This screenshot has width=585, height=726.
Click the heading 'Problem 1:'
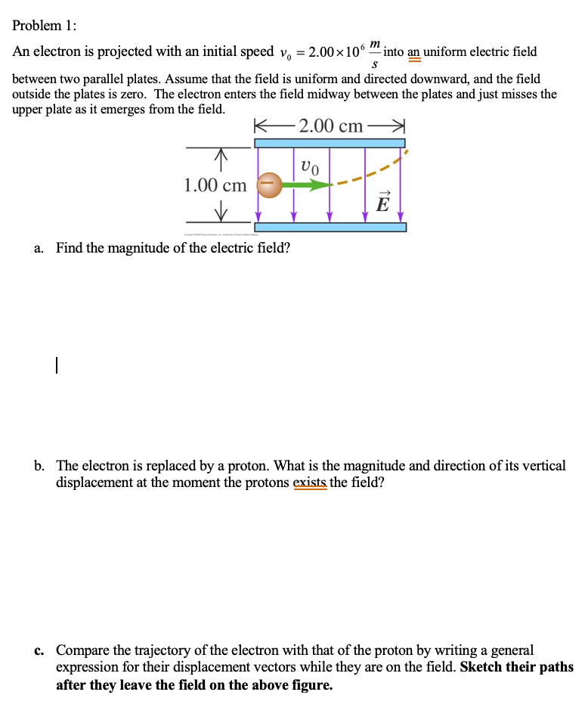[x=44, y=25]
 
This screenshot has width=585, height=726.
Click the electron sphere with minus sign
[x=270, y=184]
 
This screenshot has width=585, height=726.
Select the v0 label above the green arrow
[x=309, y=166]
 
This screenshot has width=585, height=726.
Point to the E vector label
[x=383, y=201]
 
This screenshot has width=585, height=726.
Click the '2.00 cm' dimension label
[x=330, y=126]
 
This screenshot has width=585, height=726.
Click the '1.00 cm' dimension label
[x=215, y=185]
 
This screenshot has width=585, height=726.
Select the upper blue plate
[x=330, y=143]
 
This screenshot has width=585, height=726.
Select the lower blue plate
[x=330, y=227]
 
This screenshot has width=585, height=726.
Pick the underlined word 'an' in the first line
[x=414, y=52]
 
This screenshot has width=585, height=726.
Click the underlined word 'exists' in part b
[x=309, y=482]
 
